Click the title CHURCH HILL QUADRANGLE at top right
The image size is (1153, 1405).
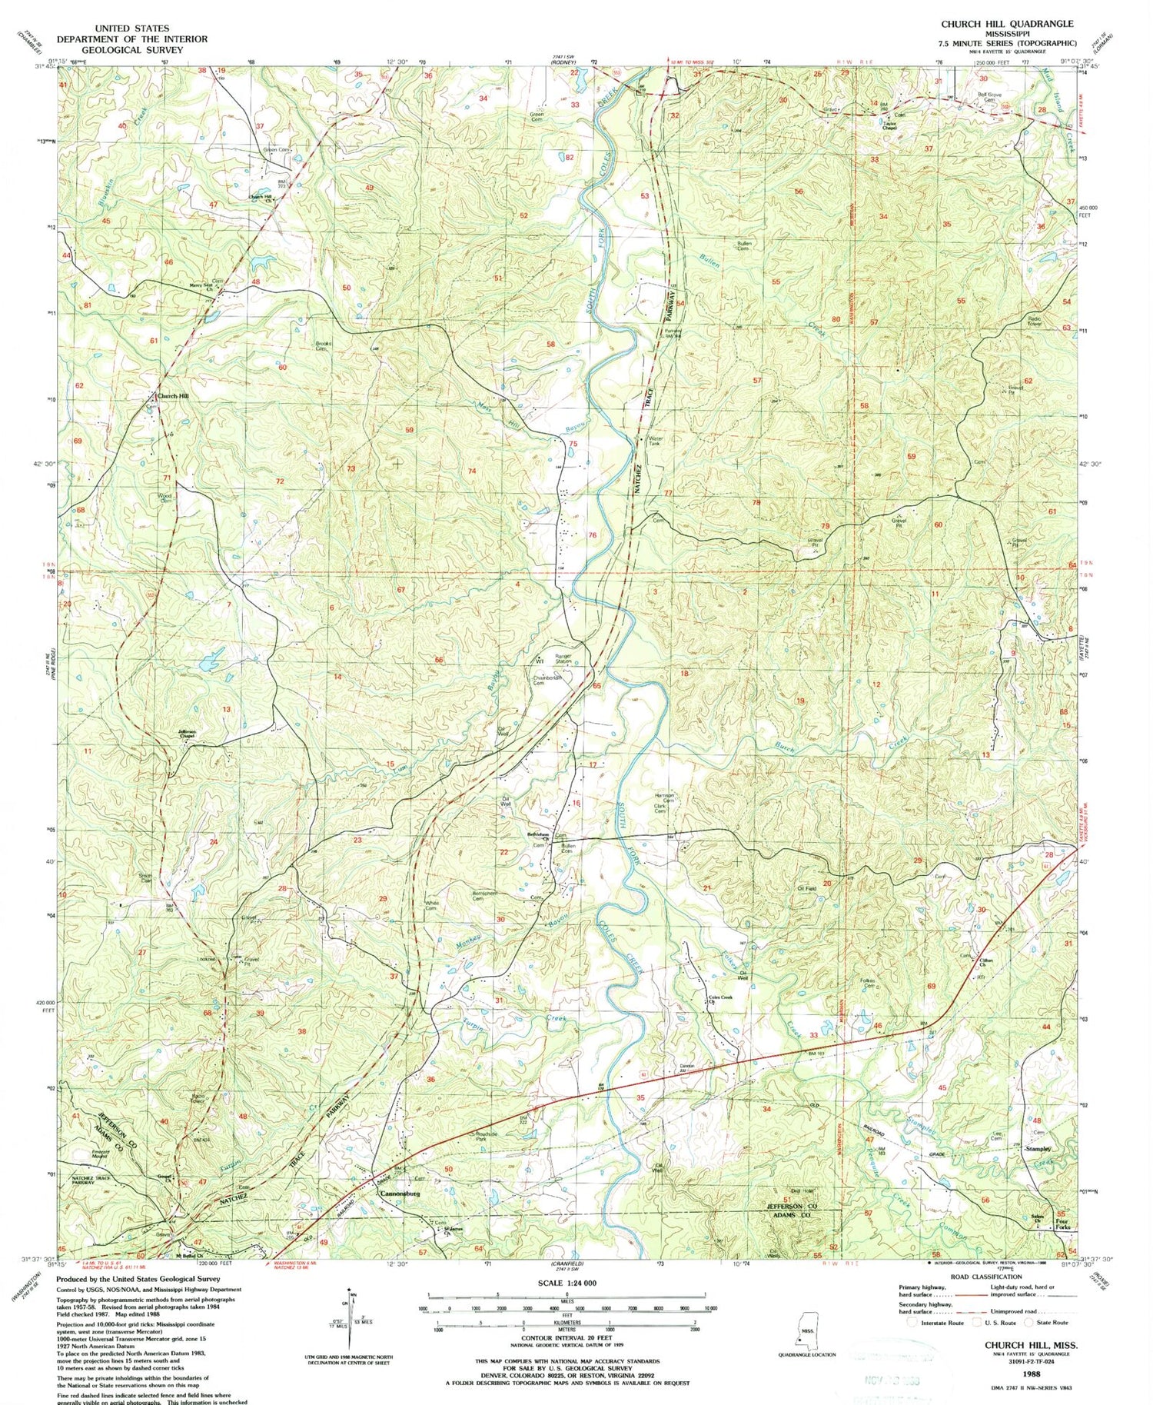[1007, 24]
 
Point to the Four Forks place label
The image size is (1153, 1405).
[1062, 1224]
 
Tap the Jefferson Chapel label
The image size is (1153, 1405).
[188, 734]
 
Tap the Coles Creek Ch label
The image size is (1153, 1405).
[719, 1000]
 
